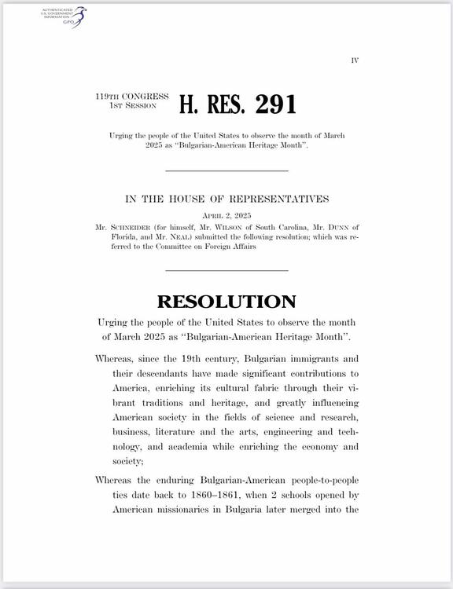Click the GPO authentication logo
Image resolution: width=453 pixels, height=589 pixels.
click(x=64, y=16)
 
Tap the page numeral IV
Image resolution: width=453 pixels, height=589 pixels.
click(x=355, y=60)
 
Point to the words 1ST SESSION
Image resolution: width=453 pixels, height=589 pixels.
click(x=132, y=105)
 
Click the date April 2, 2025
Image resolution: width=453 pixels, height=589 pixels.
click(x=226, y=214)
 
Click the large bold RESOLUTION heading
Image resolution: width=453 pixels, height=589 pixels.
click(x=226, y=302)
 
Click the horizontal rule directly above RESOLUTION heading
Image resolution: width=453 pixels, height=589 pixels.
click(x=226, y=271)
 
